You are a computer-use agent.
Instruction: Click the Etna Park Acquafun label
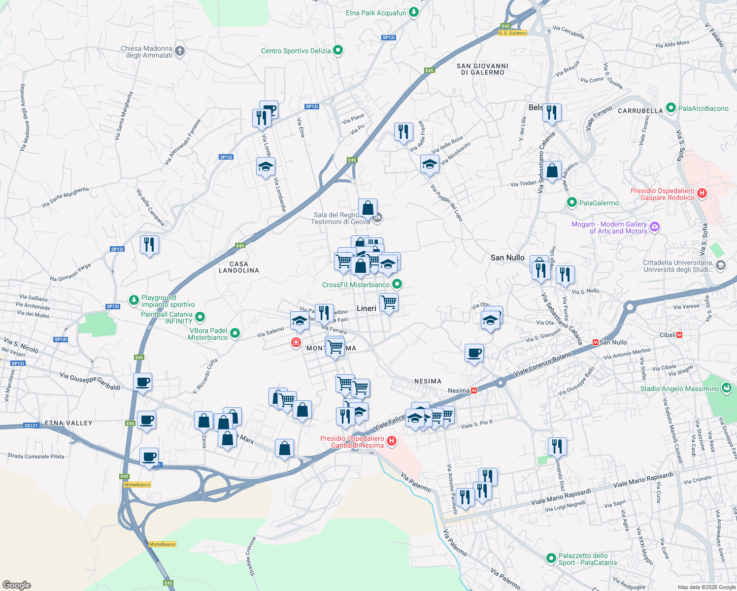[x=376, y=13]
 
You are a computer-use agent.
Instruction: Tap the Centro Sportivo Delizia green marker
[x=338, y=50]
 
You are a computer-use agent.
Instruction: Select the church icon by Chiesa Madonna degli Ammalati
[x=180, y=51]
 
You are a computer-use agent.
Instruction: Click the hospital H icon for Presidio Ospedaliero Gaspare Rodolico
[x=702, y=194]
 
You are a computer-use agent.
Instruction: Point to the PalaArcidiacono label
[x=703, y=108]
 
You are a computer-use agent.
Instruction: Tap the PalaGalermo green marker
[x=572, y=202]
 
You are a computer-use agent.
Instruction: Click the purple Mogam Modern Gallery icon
[x=655, y=227]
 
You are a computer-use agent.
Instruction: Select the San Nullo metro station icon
[x=596, y=342]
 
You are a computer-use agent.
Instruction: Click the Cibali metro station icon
[x=680, y=335]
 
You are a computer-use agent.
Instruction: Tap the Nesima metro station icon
[x=474, y=391]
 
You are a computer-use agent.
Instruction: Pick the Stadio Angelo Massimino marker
[x=726, y=388]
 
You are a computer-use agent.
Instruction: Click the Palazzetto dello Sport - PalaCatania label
[x=587, y=559]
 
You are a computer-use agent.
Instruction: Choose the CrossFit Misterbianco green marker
[x=397, y=284]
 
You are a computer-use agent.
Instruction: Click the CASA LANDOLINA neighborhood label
[x=239, y=267]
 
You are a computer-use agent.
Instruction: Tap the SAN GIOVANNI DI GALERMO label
[x=482, y=69]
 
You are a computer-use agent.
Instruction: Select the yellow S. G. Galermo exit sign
[x=512, y=33]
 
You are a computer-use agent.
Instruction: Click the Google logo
[x=17, y=585]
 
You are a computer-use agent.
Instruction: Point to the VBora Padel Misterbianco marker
[x=235, y=333]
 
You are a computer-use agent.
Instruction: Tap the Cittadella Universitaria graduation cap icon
[x=721, y=266]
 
